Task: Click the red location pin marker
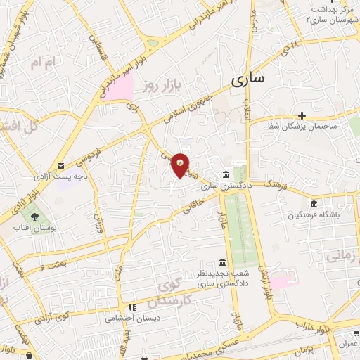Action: tap(181, 165)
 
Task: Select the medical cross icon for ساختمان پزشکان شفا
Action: tap(302, 115)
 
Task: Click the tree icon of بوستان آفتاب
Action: tap(31, 214)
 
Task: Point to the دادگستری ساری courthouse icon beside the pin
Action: tap(225, 174)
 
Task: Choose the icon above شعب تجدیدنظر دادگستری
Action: tap(222, 262)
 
